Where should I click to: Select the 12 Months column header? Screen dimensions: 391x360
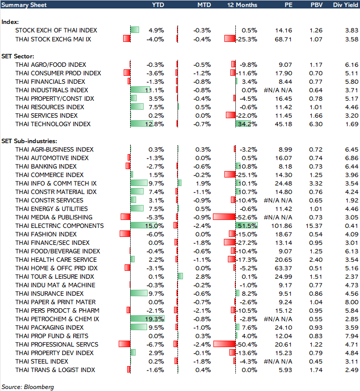[x=242, y=5]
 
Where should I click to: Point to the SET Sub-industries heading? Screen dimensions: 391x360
[x=29, y=141]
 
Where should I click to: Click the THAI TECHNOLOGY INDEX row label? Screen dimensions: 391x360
[x=53, y=124]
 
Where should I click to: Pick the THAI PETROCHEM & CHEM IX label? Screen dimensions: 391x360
[x=57, y=319]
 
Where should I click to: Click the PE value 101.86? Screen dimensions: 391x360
[x=283, y=226]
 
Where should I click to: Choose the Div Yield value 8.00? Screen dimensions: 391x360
[x=352, y=302]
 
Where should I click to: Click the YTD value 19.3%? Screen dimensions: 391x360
[x=156, y=319]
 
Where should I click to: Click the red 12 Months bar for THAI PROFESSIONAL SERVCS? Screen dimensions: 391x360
[x=224, y=345]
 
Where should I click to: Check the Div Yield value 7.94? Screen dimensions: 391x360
[x=352, y=336]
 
